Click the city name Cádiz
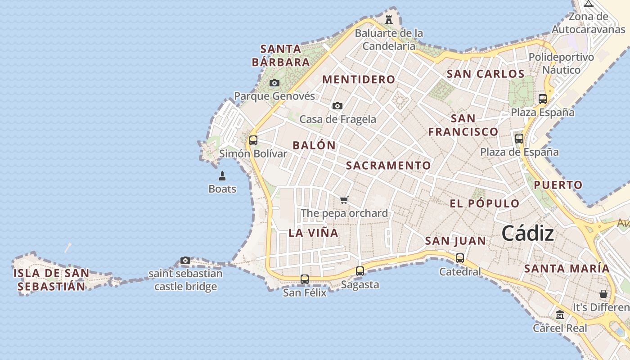(x=527, y=234)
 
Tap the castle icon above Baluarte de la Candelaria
(x=389, y=19)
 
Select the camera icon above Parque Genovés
(x=274, y=83)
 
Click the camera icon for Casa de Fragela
(x=337, y=106)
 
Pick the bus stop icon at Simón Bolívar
(x=253, y=140)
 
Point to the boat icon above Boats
(x=222, y=175)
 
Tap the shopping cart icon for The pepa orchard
(x=344, y=200)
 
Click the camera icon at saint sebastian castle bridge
(x=185, y=260)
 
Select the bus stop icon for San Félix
(x=305, y=279)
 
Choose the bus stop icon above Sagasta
(x=360, y=271)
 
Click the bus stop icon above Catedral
(x=459, y=258)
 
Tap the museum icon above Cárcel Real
(x=560, y=315)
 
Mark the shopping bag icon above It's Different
(x=603, y=294)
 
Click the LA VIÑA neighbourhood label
(x=313, y=233)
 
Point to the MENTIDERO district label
(x=359, y=80)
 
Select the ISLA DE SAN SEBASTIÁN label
(x=51, y=279)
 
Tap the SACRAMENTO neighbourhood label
(x=388, y=166)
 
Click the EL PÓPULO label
(x=485, y=203)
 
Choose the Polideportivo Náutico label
(x=561, y=63)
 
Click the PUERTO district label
(x=558, y=184)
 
